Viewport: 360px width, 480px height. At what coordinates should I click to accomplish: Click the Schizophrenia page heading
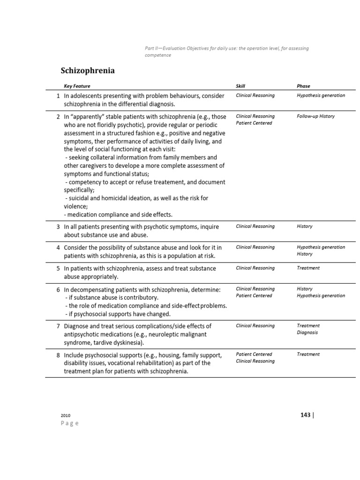tap(88, 71)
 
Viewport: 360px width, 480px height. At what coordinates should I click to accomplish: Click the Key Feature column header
tap(77, 86)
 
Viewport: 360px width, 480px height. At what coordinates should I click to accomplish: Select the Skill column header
tap(240, 86)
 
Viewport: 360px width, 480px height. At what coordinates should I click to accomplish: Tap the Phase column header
tap(303, 86)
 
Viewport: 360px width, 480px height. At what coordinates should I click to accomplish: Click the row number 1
tap(58, 96)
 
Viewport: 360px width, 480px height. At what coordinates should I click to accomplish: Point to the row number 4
tap(58, 247)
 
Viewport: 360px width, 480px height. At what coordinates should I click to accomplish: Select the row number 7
tap(58, 326)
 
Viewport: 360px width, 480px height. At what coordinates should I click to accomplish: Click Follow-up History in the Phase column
tap(315, 116)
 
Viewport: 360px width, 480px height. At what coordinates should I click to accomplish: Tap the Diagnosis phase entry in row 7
tap(307, 332)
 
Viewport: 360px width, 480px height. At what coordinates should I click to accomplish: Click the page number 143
tap(305, 415)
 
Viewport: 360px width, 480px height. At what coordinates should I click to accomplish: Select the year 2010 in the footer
tap(66, 416)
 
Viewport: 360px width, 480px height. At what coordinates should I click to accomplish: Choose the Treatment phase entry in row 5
tap(308, 268)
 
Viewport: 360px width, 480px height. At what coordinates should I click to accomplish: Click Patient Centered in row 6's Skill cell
tap(254, 296)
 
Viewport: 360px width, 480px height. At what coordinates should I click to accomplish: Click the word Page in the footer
tap(70, 423)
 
